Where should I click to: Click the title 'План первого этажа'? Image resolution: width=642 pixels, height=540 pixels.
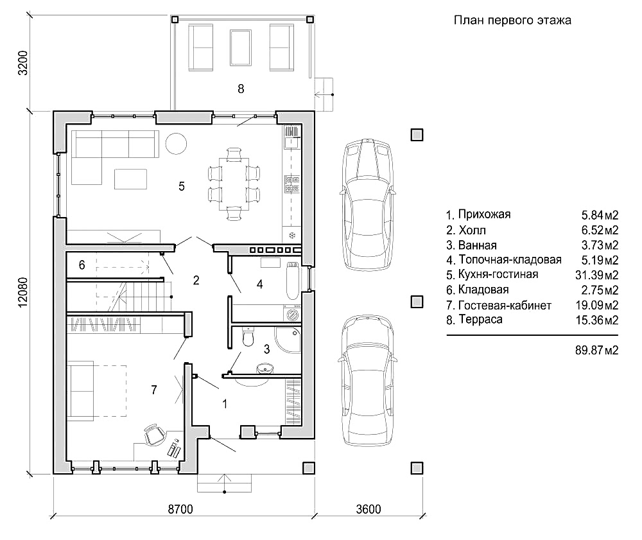(512, 21)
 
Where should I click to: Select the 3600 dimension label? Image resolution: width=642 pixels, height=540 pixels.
(367, 510)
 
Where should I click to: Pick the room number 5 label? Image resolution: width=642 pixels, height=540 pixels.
(182, 186)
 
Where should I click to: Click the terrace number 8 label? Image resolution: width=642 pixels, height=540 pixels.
(241, 89)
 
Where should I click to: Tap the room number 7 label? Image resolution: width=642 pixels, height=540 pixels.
(153, 389)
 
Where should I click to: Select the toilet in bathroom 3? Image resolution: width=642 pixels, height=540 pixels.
(249, 337)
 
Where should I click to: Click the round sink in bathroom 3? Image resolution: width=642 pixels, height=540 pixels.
(264, 369)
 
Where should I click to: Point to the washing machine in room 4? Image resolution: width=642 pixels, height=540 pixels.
(293, 315)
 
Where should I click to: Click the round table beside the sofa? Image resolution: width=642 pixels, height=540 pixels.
(177, 143)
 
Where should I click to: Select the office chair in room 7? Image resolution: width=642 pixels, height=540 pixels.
(154, 435)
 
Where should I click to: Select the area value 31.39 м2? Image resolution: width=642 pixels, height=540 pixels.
(596, 275)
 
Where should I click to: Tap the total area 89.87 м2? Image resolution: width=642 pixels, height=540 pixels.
(596, 351)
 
